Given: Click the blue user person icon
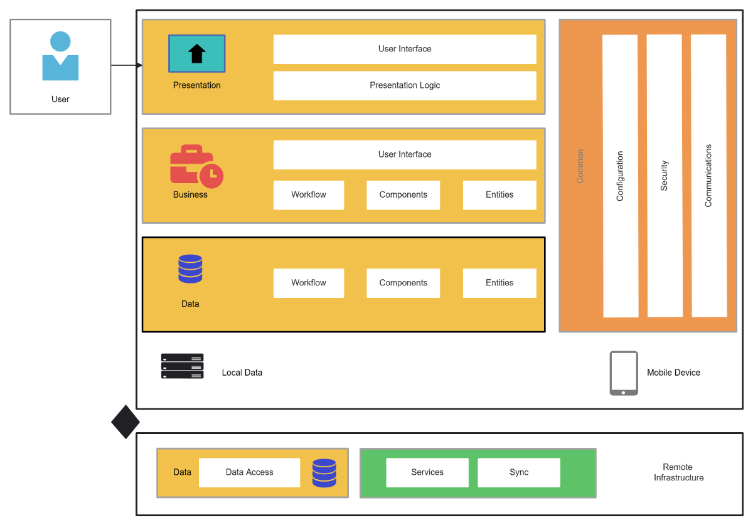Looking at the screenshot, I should point(60,57).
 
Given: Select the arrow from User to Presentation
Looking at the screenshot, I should point(126,65).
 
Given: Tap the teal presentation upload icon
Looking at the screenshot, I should point(196,54).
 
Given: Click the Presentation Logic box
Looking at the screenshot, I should point(405,85).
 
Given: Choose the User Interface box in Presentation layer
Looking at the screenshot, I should point(405,49).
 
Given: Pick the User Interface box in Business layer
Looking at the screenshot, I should point(405,154).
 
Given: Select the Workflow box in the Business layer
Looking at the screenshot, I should point(309,195).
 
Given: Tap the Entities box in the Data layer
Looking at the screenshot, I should point(499,283).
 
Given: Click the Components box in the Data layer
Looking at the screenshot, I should point(403,283).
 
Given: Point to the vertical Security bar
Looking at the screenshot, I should point(665,176).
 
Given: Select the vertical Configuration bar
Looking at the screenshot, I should point(620,176).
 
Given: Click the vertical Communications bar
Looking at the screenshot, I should point(708,176).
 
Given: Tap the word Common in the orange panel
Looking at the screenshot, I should point(580,166).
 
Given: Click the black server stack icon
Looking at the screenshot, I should point(182,366).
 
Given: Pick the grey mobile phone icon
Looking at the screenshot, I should point(624,373).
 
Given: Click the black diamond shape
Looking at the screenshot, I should point(125,422).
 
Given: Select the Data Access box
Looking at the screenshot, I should point(249,472).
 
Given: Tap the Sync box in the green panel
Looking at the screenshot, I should point(519,472).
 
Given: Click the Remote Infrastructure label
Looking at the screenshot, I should point(678,472).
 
